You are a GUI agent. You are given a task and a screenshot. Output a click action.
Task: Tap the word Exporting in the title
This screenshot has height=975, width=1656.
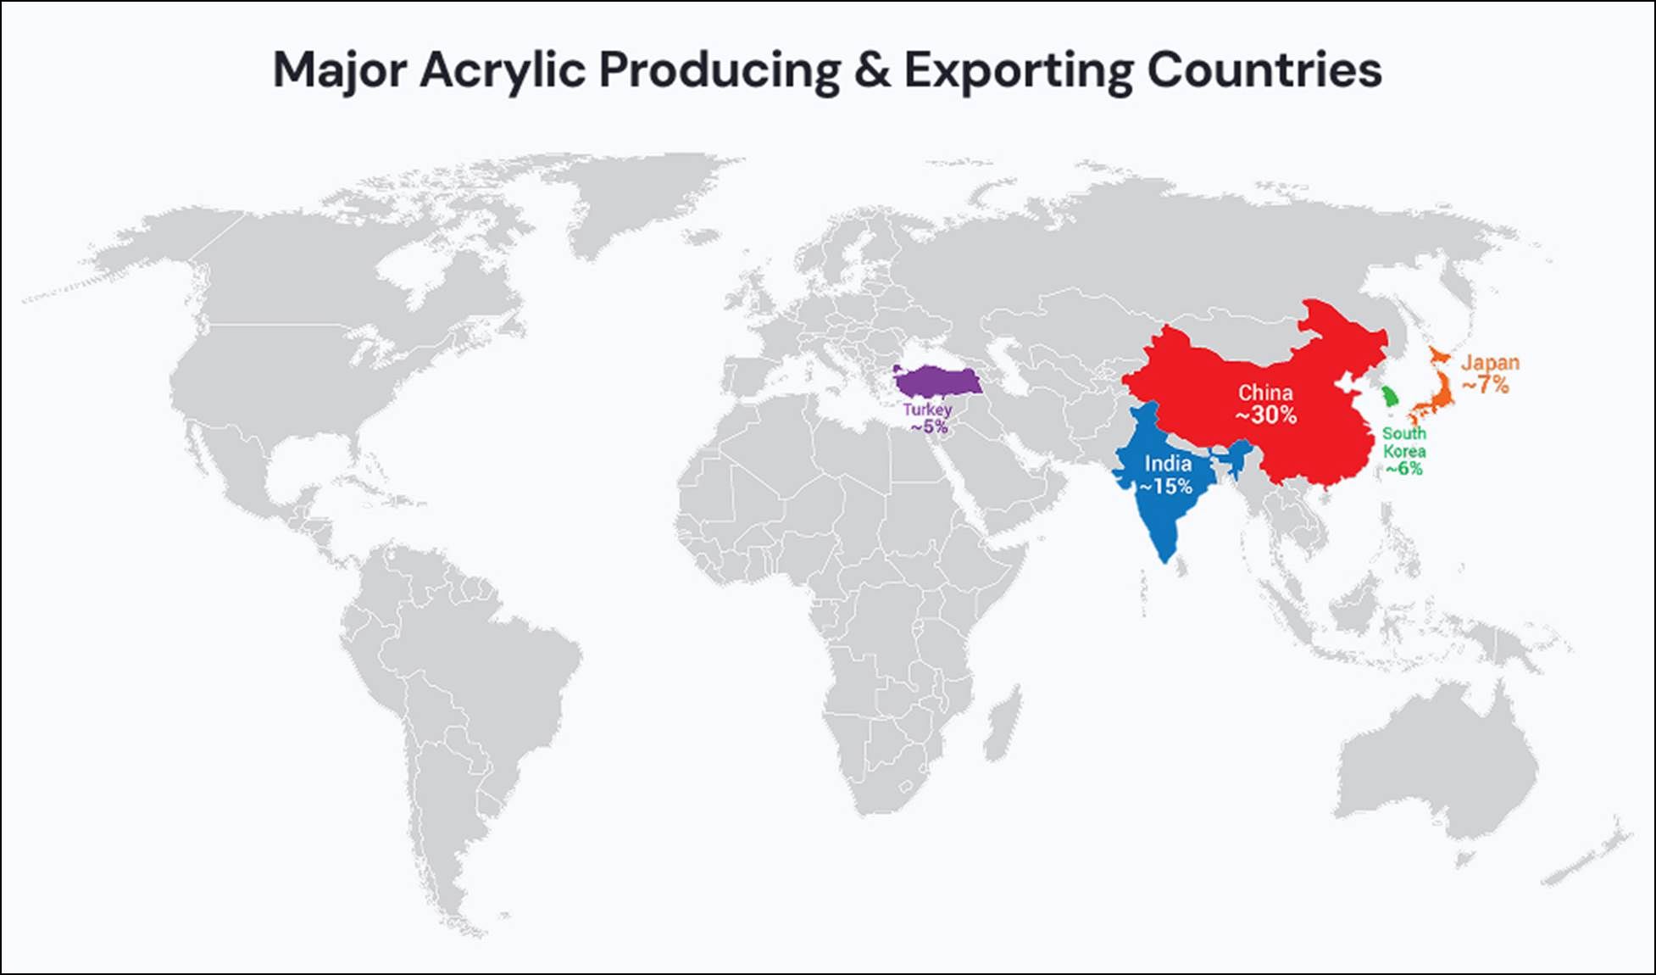click(1017, 70)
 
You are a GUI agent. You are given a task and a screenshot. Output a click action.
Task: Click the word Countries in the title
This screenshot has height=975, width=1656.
click(1264, 70)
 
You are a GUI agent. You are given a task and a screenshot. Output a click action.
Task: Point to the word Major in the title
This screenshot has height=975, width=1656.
click(339, 70)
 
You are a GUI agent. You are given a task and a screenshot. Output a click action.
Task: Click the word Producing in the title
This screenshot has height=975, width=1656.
click(720, 70)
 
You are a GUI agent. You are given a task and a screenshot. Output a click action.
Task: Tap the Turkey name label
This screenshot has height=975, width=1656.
click(927, 409)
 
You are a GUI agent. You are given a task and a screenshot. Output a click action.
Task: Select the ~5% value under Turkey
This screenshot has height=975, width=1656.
click(929, 426)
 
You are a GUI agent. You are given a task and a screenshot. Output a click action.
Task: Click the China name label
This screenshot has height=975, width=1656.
click(1265, 393)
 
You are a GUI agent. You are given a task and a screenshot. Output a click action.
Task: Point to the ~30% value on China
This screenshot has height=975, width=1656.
click(1265, 415)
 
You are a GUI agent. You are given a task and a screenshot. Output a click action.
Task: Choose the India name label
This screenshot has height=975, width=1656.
click(1168, 464)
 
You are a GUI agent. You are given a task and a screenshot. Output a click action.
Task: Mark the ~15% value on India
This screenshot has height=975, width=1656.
click(1166, 487)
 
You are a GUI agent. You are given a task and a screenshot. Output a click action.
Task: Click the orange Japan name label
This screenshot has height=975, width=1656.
click(1490, 363)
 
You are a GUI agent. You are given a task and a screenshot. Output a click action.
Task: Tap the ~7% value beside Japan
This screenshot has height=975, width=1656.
click(1486, 385)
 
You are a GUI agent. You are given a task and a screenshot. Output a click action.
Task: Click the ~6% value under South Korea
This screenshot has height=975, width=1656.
click(1403, 469)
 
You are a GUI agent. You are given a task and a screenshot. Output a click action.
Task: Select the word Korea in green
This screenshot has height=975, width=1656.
click(1403, 451)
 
